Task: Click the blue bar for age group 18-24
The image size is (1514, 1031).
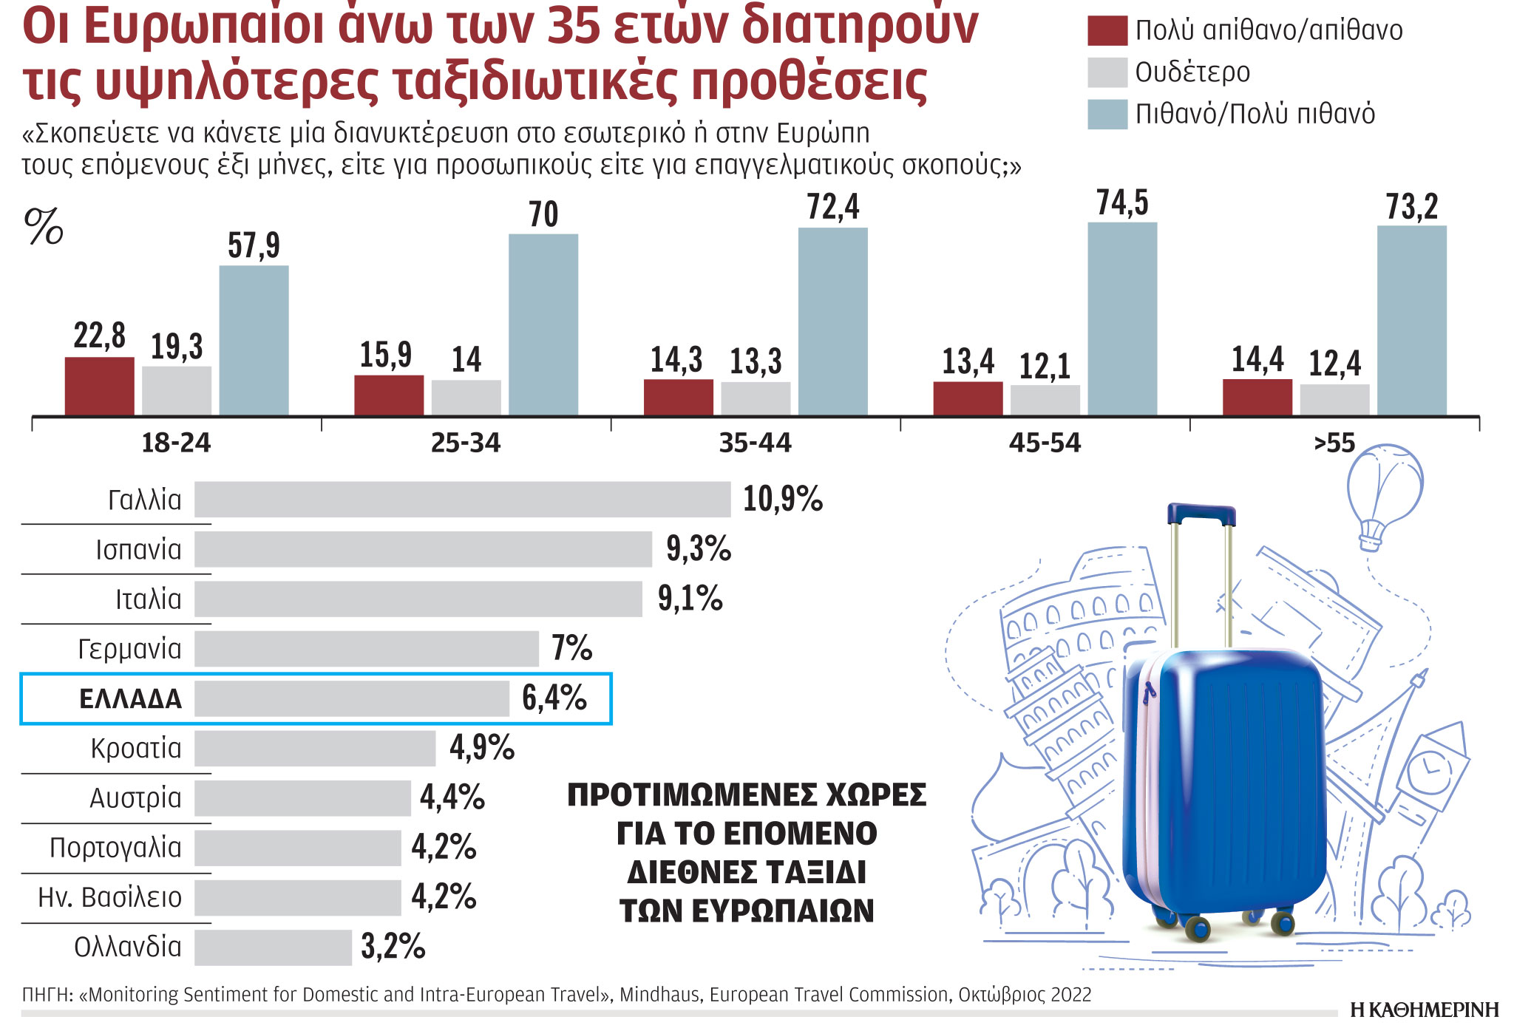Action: (x=254, y=340)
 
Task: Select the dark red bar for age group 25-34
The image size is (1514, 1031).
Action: (x=389, y=395)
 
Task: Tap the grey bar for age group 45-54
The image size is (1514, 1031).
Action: (x=1045, y=400)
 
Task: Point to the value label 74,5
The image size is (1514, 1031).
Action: (x=1122, y=203)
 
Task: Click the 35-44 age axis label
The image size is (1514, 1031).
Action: (x=755, y=443)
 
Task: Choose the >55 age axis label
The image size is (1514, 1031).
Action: (x=1334, y=443)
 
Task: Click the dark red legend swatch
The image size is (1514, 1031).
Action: (x=1107, y=31)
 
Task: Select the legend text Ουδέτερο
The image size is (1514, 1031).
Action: (x=1192, y=72)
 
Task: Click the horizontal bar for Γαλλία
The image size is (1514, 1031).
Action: (x=462, y=500)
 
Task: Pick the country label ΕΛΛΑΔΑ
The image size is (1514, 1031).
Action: (x=130, y=699)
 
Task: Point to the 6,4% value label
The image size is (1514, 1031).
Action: (x=554, y=698)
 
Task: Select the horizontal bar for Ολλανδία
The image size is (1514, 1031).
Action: (x=273, y=947)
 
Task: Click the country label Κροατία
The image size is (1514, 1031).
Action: (x=136, y=749)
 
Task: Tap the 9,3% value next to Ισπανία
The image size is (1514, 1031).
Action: (x=698, y=549)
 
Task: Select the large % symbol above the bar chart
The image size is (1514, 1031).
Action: (x=44, y=226)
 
